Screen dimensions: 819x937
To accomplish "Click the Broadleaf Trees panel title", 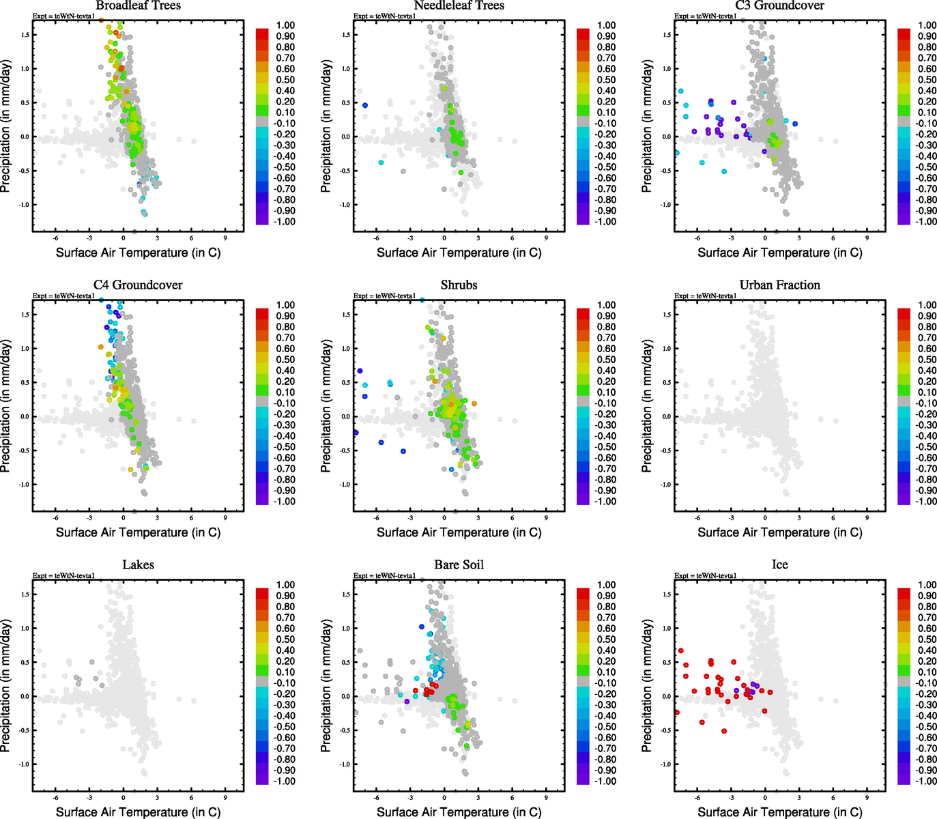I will pyautogui.click(x=138, y=6).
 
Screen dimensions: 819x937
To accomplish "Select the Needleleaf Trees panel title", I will pyautogui.click(x=459, y=6).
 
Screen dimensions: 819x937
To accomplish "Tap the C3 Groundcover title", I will pyautogui.click(x=779, y=6).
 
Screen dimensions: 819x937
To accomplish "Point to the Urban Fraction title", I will pyautogui.click(x=779, y=285).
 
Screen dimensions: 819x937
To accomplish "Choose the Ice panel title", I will pyautogui.click(x=779, y=565).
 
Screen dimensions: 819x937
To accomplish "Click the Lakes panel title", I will pyautogui.click(x=138, y=565).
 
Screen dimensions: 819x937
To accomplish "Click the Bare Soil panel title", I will pyautogui.click(x=459, y=565).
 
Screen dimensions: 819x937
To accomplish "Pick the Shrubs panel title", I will pyautogui.click(x=459, y=285).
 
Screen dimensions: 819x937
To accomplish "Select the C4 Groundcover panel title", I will pyautogui.click(x=138, y=285).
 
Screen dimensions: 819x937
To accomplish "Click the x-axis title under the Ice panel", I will pyautogui.click(x=779, y=812).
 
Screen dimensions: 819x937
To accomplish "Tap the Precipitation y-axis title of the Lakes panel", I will pyautogui.click(x=6, y=686).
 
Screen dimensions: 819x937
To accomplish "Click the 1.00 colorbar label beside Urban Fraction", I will pyautogui.click(x=927, y=305).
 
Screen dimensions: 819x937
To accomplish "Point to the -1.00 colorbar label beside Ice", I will pyautogui.click(x=926, y=781).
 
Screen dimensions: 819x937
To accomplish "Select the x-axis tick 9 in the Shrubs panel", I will pyautogui.click(x=546, y=518).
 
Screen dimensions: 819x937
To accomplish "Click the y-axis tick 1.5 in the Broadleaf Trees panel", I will pyautogui.click(x=25, y=35).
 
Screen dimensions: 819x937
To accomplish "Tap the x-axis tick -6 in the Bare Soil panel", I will pyautogui.click(x=376, y=798).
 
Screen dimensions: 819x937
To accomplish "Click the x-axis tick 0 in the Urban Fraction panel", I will pyautogui.click(x=765, y=518).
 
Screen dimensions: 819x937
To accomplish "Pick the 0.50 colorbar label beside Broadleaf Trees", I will pyautogui.click(x=285, y=80).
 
